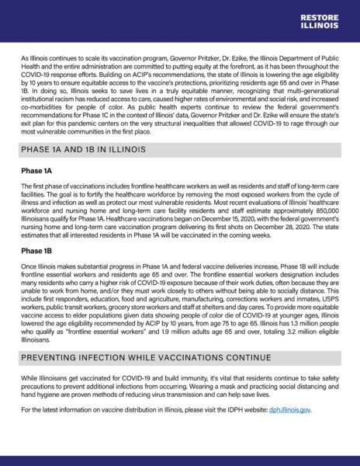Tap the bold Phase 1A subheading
[x=36, y=169]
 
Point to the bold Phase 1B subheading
[x=36, y=251]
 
